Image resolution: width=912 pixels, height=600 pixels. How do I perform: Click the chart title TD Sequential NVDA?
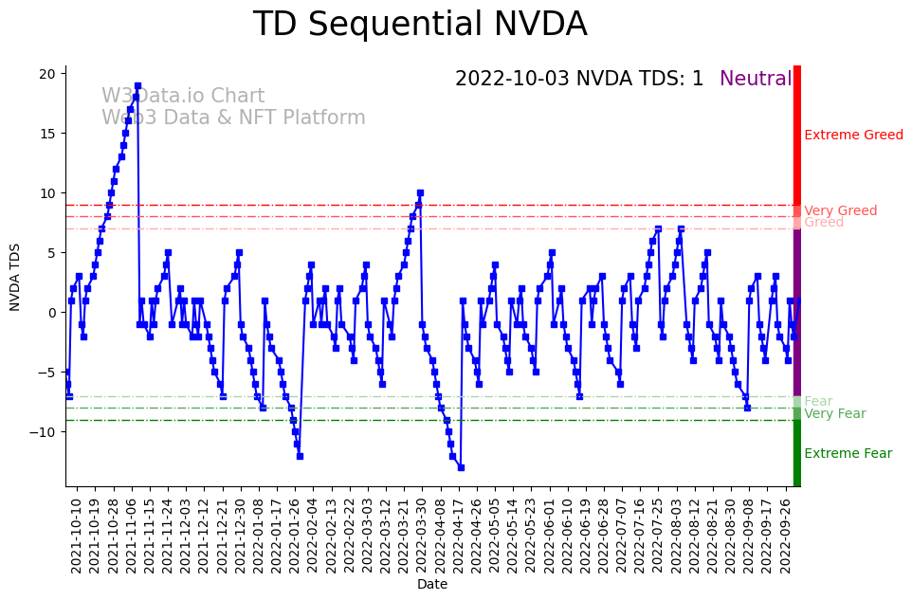(420, 25)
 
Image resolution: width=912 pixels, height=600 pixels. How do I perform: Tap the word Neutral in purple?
(756, 79)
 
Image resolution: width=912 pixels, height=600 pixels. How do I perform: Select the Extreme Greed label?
(853, 136)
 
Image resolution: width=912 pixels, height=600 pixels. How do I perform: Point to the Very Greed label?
(840, 210)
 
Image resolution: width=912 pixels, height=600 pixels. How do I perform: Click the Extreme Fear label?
(848, 453)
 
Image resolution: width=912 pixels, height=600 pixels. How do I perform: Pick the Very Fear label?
(834, 413)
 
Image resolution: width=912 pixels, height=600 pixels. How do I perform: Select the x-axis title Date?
(432, 584)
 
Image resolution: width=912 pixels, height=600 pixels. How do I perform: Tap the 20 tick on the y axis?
(52, 73)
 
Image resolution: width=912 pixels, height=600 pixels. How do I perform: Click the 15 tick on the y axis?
(52, 133)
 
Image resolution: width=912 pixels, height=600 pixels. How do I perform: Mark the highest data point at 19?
(137, 85)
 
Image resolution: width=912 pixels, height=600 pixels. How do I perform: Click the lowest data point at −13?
(461, 467)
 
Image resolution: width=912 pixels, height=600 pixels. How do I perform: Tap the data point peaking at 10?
(420, 192)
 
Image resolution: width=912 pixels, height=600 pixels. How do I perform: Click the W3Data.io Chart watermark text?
(183, 97)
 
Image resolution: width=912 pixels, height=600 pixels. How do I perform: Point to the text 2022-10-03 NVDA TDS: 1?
(579, 79)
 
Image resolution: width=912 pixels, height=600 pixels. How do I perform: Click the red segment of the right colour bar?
(797, 142)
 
